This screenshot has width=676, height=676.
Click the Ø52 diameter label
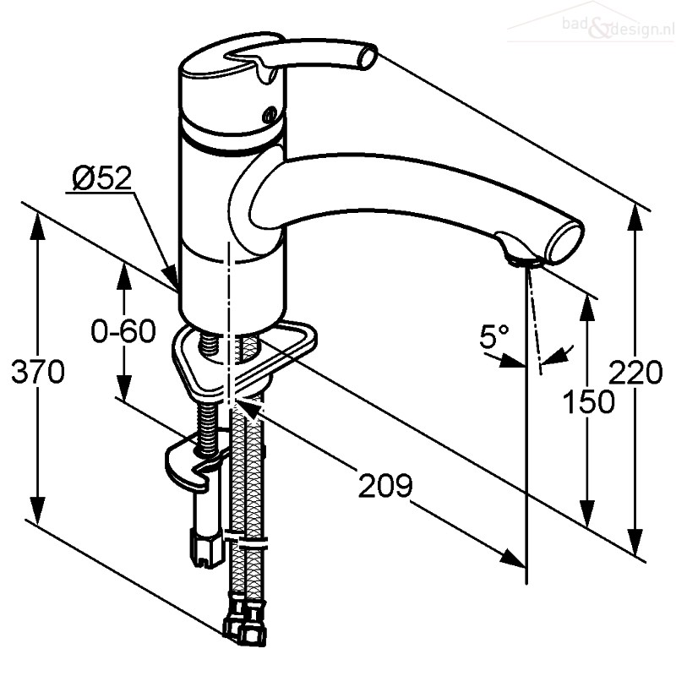[101, 178]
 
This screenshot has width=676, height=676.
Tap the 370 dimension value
[38, 372]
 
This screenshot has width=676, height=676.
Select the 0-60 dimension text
[123, 331]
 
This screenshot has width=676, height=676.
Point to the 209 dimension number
[385, 486]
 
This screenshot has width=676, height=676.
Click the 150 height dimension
[589, 401]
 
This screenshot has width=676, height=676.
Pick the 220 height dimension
[635, 372]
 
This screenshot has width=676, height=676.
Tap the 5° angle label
[494, 335]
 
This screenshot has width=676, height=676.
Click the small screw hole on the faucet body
[271, 115]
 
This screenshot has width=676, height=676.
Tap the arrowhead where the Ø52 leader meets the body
[171, 276]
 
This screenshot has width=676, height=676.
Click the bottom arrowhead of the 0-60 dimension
[124, 387]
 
